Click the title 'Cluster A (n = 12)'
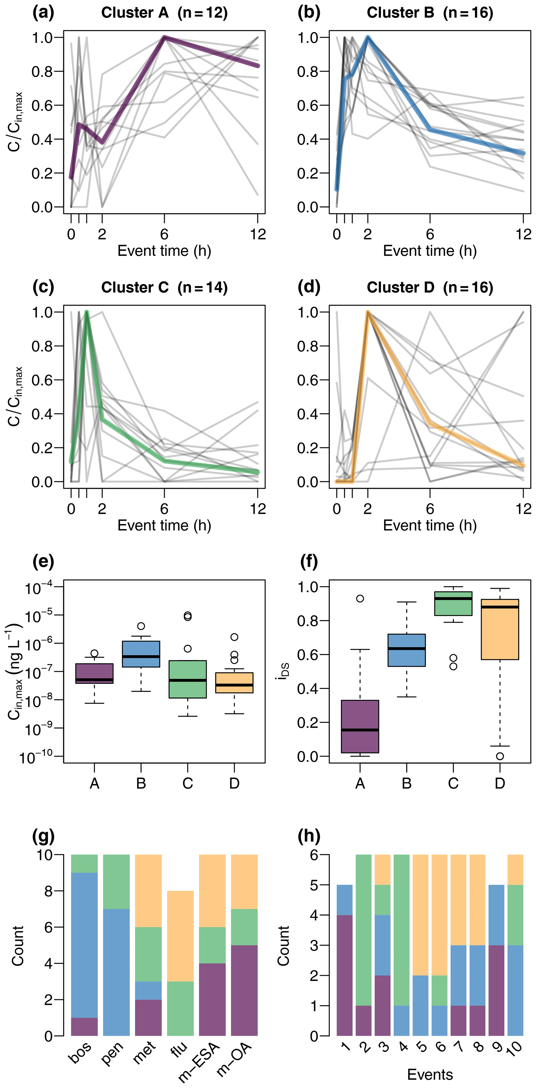[164, 13]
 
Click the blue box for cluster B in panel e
[141, 654]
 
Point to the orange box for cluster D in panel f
[500, 629]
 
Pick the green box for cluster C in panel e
[188, 679]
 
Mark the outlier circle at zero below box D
[500, 756]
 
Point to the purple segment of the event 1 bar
[345, 975]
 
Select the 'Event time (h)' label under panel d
[430, 525]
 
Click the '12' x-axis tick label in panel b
[523, 234]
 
